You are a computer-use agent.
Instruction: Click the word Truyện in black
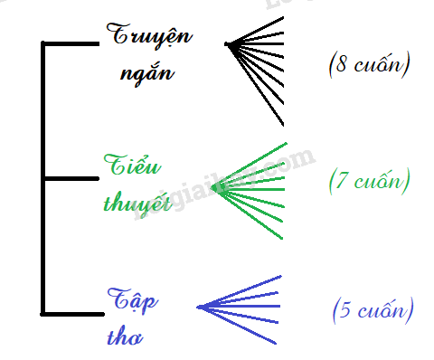click(x=149, y=35)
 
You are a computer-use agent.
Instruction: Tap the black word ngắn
click(x=147, y=73)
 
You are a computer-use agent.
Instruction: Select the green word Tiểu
click(x=132, y=165)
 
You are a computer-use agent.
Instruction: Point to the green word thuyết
click(x=137, y=203)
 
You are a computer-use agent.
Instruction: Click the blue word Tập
click(x=133, y=300)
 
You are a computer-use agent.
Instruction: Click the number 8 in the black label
click(x=341, y=64)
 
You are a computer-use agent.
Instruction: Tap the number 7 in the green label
click(x=341, y=180)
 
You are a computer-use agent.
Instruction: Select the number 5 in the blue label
click(x=345, y=309)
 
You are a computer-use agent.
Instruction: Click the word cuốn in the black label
click(x=379, y=63)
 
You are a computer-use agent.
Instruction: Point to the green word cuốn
click(x=379, y=180)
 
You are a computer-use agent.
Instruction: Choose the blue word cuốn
click(x=382, y=308)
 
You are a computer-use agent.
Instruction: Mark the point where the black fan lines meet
click(x=227, y=44)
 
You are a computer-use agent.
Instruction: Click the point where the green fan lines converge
click(x=213, y=187)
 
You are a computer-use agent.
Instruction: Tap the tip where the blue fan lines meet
click(x=198, y=308)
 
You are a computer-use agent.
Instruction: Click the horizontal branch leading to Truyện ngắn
click(x=71, y=44)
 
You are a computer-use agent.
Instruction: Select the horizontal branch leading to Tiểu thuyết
click(x=71, y=178)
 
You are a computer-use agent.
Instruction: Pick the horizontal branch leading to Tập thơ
click(x=73, y=314)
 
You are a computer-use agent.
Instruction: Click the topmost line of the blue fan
click(x=240, y=291)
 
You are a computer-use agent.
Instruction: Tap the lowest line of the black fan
click(x=256, y=85)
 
